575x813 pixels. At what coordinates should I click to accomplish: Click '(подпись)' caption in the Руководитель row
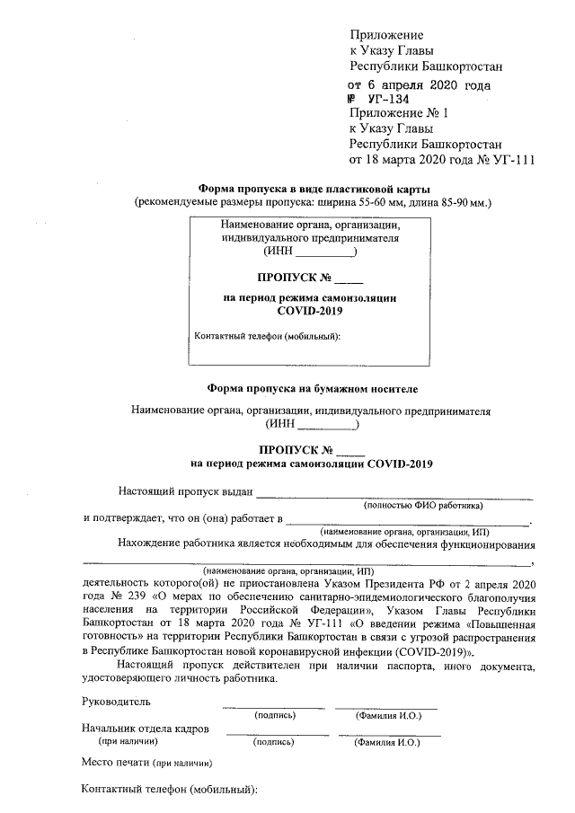[x=275, y=715]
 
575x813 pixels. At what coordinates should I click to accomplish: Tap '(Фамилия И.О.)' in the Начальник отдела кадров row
[x=389, y=743]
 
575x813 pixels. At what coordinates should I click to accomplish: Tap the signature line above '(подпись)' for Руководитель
[x=274, y=708]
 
